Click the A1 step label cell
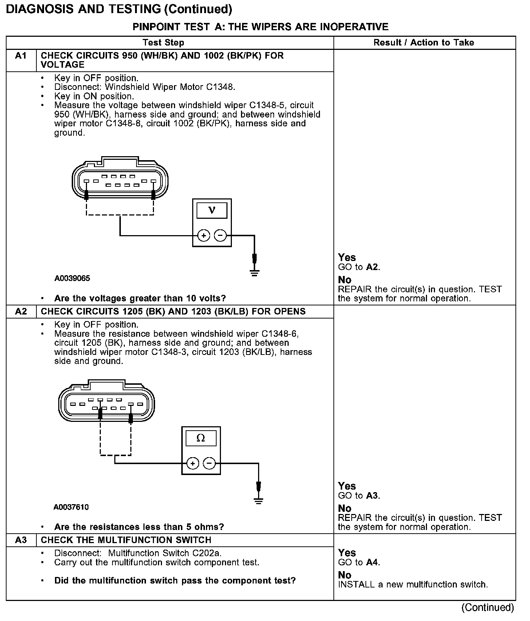click(x=21, y=56)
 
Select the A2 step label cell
click(x=21, y=312)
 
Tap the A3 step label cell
click(x=21, y=540)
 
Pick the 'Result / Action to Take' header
click(x=424, y=43)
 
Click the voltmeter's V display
click(x=211, y=210)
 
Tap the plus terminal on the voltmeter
click(x=203, y=236)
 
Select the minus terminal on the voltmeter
click(x=220, y=236)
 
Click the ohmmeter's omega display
click(x=201, y=438)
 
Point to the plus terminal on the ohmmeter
click(x=193, y=464)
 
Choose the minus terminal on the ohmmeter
click(x=209, y=464)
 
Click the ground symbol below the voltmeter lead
click(x=254, y=272)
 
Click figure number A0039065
click(x=72, y=278)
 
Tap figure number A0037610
click(x=71, y=507)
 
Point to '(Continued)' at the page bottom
click(x=487, y=608)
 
